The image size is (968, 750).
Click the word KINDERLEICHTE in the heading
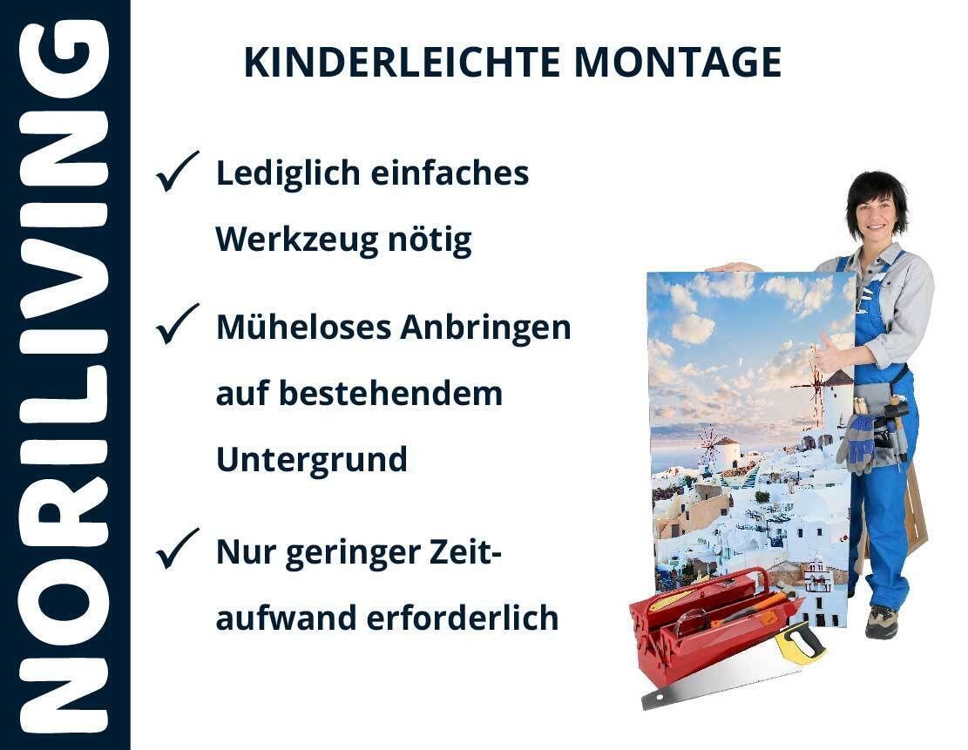click(402, 63)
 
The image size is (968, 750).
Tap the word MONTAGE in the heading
click(678, 63)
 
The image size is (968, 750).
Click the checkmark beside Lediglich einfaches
click(177, 171)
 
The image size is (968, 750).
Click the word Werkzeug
click(296, 240)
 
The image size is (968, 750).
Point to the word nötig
click(430, 240)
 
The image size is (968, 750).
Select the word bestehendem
click(391, 394)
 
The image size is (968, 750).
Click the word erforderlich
click(463, 618)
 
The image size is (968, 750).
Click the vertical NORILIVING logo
click(64, 375)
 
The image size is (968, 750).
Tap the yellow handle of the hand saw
click(799, 643)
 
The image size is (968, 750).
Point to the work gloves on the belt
click(857, 442)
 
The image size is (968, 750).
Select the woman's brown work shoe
click(881, 621)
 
